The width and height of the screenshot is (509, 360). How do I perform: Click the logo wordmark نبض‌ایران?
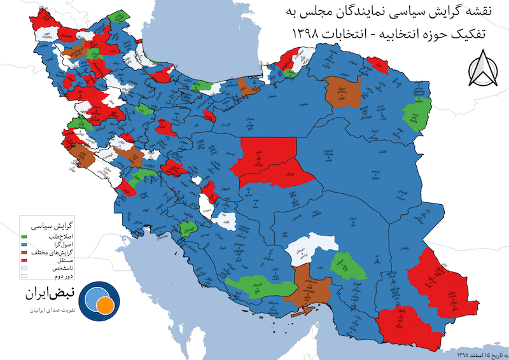click(x=50, y=294)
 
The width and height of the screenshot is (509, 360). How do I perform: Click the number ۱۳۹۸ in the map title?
click(x=308, y=32)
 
